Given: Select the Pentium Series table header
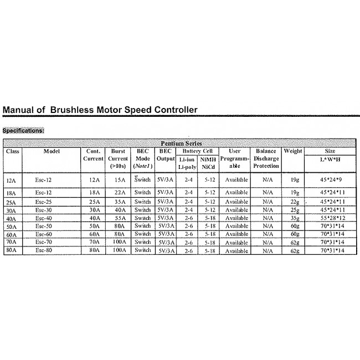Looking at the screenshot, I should click(181, 143).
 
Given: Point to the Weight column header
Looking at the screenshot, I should click(293, 151).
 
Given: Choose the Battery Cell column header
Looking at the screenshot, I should click(197, 151).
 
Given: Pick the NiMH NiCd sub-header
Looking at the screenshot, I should click(209, 163).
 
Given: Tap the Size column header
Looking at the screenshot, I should click(330, 151).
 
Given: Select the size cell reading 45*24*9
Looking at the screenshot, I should click(330, 180).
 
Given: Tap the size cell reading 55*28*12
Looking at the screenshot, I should click(330, 218).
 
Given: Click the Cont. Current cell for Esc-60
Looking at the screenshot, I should click(94, 234).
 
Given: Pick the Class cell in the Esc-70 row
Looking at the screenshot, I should click(11, 243).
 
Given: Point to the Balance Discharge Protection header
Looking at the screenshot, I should click(266, 158).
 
